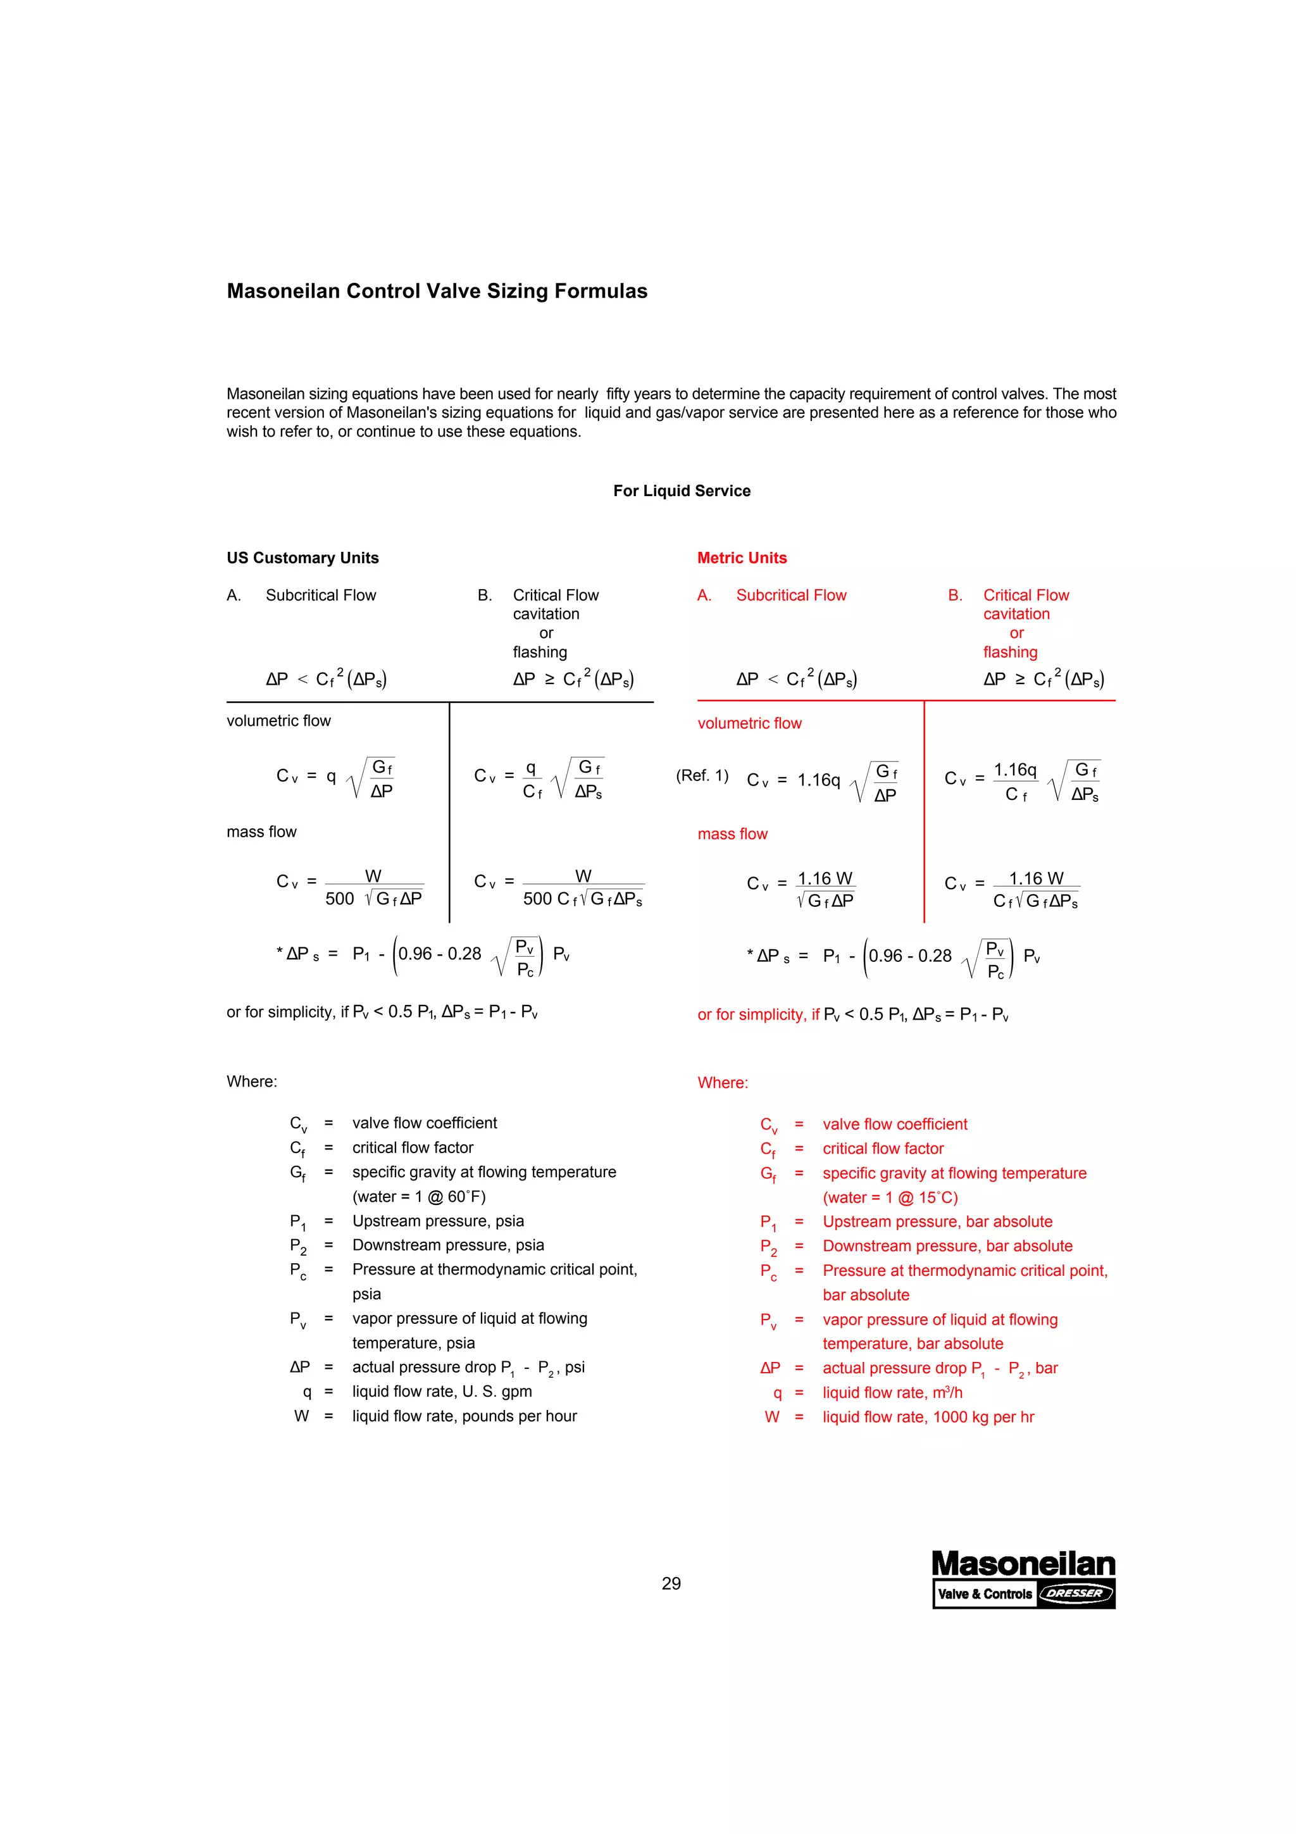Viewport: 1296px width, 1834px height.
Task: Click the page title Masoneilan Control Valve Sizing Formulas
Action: click(x=437, y=290)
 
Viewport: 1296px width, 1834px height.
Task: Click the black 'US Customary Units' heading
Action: click(x=302, y=558)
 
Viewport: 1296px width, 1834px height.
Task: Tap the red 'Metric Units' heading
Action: click(x=742, y=558)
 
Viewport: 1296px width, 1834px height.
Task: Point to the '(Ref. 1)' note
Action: click(x=702, y=775)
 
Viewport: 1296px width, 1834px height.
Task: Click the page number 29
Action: click(x=671, y=1583)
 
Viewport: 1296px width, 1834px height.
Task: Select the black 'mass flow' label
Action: click(x=261, y=832)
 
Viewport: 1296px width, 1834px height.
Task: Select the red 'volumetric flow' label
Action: click(x=749, y=723)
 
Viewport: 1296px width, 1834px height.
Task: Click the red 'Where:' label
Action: click(x=723, y=1082)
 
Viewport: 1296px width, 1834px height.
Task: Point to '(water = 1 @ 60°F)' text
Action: click(x=418, y=1196)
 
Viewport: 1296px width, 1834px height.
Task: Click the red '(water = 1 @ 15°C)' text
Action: click(x=890, y=1197)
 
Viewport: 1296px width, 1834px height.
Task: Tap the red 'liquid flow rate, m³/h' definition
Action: click(x=892, y=1392)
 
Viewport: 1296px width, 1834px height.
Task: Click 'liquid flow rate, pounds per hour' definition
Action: click(x=464, y=1416)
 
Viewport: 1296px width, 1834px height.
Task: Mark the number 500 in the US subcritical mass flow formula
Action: click(x=339, y=899)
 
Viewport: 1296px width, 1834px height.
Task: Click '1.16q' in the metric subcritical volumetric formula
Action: click(x=818, y=780)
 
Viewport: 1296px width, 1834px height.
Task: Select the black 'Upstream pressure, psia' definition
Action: click(x=437, y=1221)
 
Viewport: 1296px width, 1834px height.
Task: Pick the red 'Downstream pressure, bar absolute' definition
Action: click(x=947, y=1245)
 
